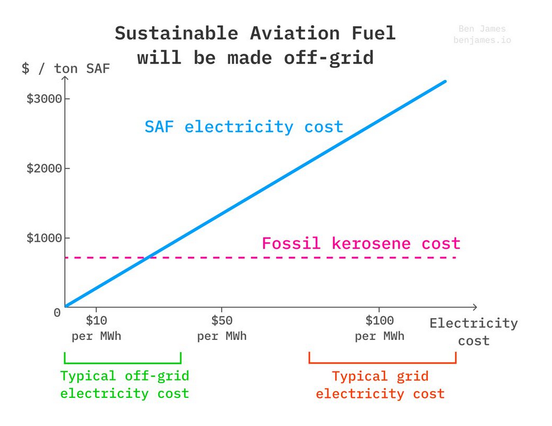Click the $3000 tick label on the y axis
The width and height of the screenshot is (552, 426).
click(x=44, y=99)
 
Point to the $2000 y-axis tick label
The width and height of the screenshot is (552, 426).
click(x=44, y=169)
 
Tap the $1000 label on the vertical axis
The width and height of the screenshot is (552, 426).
click(x=44, y=238)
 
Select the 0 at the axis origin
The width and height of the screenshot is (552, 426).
click(x=57, y=312)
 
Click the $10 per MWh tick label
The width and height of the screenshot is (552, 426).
click(x=96, y=328)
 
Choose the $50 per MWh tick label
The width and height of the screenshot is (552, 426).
click(x=222, y=328)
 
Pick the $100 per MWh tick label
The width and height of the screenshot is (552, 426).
click(x=379, y=328)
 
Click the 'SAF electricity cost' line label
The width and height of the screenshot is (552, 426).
click(x=244, y=127)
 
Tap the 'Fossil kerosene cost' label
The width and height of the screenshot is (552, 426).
click(x=361, y=243)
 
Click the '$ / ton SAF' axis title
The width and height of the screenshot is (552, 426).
click(x=66, y=68)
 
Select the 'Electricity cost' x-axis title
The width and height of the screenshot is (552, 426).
click(x=474, y=332)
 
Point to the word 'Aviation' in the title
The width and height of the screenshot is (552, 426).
click(x=295, y=33)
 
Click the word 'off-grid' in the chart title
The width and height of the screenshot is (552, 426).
click(x=329, y=58)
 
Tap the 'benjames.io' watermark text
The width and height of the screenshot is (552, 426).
click(x=482, y=40)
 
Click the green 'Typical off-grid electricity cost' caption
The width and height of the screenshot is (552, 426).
click(x=125, y=384)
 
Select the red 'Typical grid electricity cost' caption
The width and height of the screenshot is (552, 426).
click(x=380, y=385)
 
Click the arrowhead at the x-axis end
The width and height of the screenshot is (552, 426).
click(x=475, y=307)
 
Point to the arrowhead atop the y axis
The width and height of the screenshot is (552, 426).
click(x=65, y=78)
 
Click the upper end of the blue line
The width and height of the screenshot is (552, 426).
click(x=445, y=81)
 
